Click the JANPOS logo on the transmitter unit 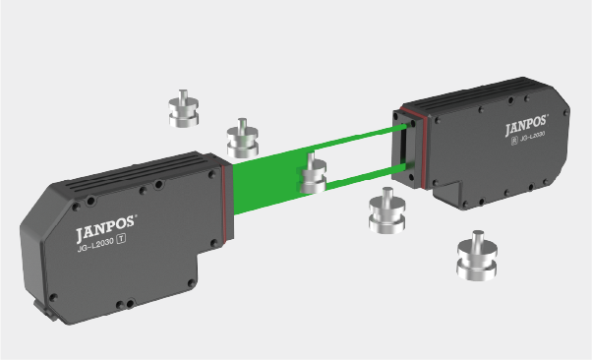point(106,228)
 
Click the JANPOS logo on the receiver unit point(526,125)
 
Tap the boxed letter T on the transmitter point(121,239)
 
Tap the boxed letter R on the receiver point(514,141)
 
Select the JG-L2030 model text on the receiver point(532,137)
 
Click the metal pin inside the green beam point(314,173)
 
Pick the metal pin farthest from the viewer point(184,108)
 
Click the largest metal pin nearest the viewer point(477,256)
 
